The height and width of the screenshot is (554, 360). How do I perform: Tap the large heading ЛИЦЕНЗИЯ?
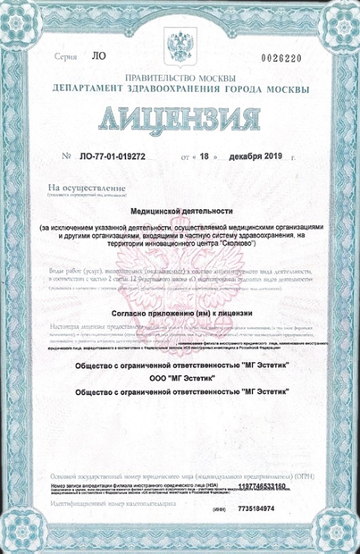[x=181, y=120]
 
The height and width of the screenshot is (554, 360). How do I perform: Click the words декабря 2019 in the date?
[x=255, y=157]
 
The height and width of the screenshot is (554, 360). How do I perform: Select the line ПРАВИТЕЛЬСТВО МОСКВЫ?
[x=180, y=80]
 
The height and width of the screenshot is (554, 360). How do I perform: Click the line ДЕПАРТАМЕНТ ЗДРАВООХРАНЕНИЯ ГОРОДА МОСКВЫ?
[x=180, y=90]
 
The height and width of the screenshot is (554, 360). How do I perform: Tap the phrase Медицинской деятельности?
[x=180, y=212]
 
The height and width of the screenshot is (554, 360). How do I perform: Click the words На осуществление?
[x=73, y=188]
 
